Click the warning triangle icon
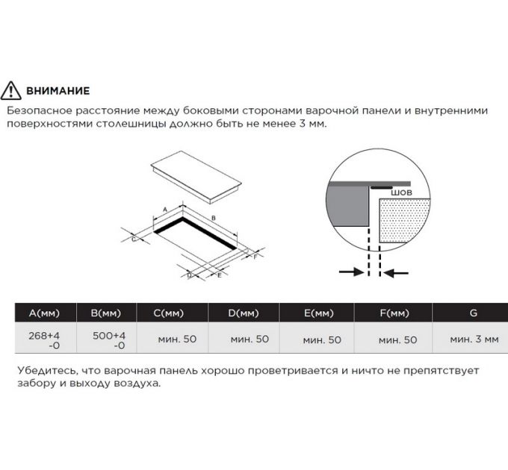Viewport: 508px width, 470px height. pyautogui.click(x=13, y=91)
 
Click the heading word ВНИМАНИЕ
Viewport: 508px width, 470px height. pyautogui.click(x=58, y=91)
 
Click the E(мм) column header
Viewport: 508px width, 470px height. pyautogui.click(x=318, y=313)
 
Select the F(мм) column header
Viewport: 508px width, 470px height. pyautogui.click(x=394, y=313)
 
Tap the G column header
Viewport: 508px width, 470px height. pyautogui.click(x=473, y=313)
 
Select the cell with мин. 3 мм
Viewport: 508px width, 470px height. pyautogui.click(x=474, y=339)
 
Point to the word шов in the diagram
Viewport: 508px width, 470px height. pyautogui.click(x=401, y=192)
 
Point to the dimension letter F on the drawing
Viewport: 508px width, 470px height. pyautogui.click(x=255, y=257)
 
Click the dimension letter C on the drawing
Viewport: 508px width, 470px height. pyautogui.click(x=134, y=239)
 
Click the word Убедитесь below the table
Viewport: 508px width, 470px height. pyautogui.click(x=43, y=370)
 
